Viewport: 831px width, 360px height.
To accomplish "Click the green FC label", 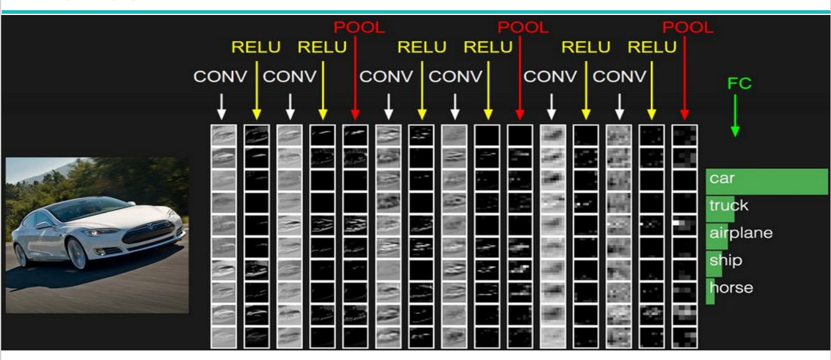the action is (x=739, y=83).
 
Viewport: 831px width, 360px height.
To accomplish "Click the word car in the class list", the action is (x=722, y=179).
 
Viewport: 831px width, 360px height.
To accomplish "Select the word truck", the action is (x=729, y=205).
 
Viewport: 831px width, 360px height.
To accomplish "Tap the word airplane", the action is (x=741, y=233).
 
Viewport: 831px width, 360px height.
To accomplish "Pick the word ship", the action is (x=726, y=261).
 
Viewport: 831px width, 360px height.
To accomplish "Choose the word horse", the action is (x=731, y=288).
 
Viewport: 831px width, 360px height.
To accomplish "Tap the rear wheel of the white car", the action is (x=21, y=255).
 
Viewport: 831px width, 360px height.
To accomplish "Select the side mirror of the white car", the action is (x=44, y=225).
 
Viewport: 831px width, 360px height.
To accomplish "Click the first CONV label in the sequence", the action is (x=220, y=77).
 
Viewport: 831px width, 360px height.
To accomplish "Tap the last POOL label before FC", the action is (x=687, y=27).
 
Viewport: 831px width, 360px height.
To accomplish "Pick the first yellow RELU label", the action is (x=256, y=47).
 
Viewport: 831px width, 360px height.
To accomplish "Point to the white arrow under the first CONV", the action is (x=222, y=107).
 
